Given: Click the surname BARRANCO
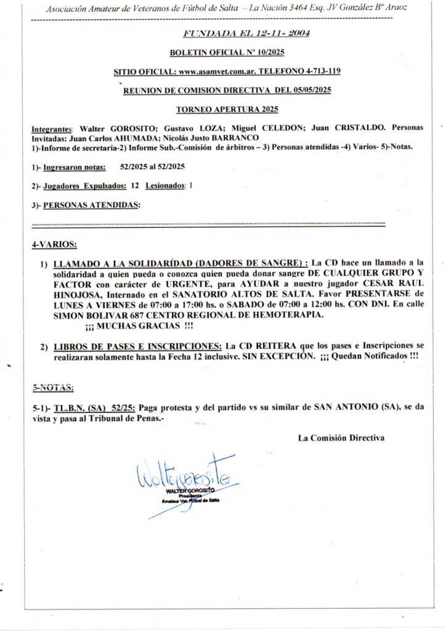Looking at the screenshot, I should pyautogui.click(x=237, y=137).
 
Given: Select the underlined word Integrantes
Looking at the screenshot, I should pyautogui.click(x=52, y=128).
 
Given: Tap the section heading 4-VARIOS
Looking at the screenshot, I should pyautogui.click(x=54, y=245).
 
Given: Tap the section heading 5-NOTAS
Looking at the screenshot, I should pyautogui.click(x=53, y=388).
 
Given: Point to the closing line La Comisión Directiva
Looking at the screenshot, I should pyautogui.click(x=341, y=438).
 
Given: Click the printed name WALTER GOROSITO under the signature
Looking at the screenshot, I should pyautogui.click(x=191, y=490).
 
